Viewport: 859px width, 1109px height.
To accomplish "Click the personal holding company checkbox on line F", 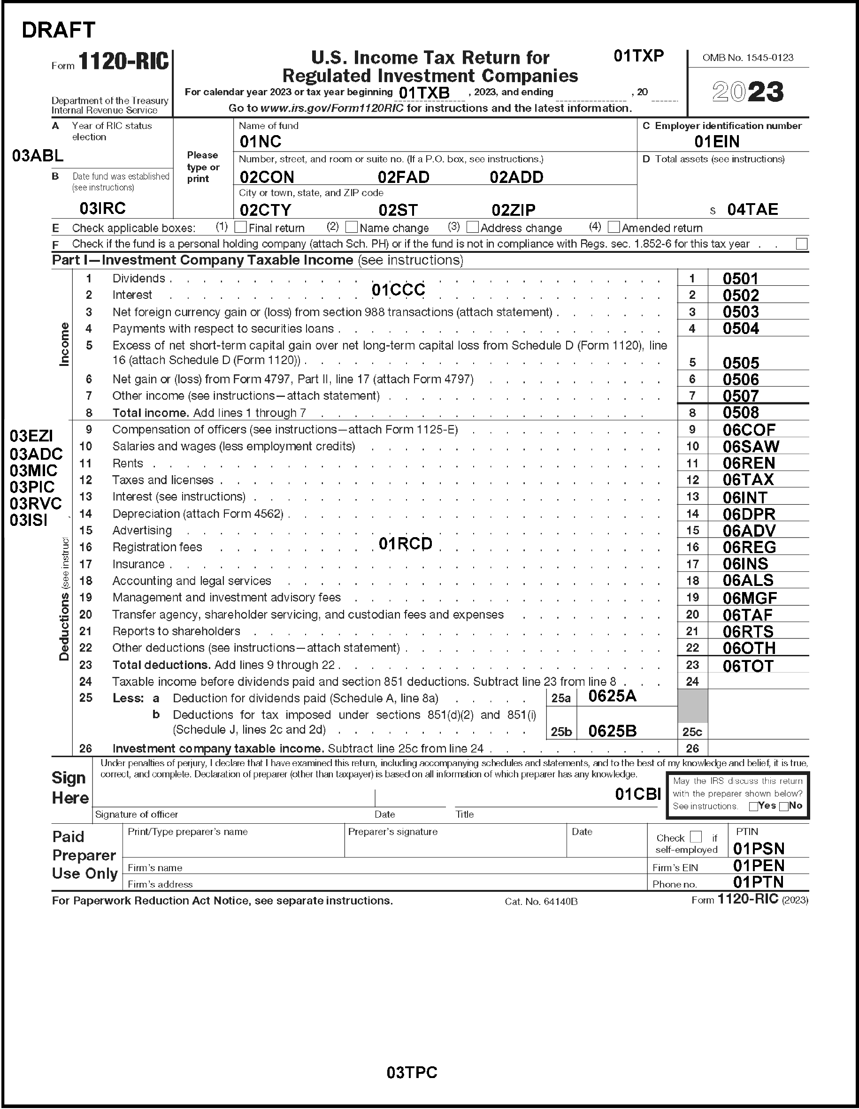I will [x=802, y=244].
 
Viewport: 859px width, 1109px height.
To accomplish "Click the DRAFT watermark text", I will [x=58, y=30].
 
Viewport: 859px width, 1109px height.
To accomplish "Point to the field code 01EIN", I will [x=717, y=142].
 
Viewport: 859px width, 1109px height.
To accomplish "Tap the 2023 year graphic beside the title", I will [x=748, y=92].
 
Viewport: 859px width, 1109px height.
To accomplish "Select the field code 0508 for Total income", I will [x=741, y=412].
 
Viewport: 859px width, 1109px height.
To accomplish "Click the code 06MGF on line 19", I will [x=750, y=598].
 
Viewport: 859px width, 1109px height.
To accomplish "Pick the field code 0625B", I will [x=612, y=731].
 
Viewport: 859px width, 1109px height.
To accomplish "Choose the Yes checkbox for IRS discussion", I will [x=754, y=806].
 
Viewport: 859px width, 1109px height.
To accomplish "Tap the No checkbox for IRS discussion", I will [x=784, y=806].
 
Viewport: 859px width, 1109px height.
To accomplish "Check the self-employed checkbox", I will [x=696, y=837].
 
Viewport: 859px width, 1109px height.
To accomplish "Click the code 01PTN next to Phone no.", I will [x=759, y=882].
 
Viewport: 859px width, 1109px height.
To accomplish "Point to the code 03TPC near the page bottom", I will [x=412, y=1072].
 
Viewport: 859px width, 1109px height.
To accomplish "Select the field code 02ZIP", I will [x=513, y=210].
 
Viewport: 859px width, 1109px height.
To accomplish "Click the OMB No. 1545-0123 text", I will [x=748, y=58].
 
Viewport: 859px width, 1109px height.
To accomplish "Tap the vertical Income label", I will [x=64, y=344].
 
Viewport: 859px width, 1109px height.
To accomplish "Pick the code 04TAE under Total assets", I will [x=752, y=210].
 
